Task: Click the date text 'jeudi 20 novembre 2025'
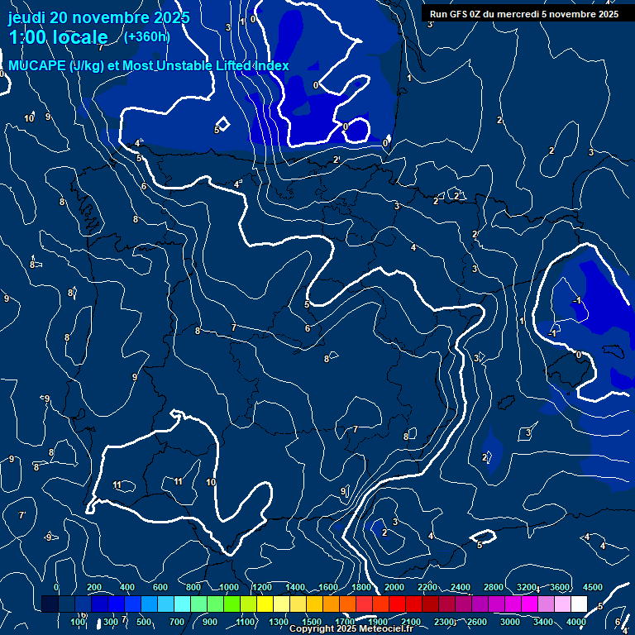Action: pyautogui.click(x=98, y=17)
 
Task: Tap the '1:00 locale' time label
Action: pyautogui.click(x=59, y=37)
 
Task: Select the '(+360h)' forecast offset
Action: pyautogui.click(x=147, y=36)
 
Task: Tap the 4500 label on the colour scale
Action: pyautogui.click(x=593, y=587)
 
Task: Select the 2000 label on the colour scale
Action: pyautogui.click(x=394, y=587)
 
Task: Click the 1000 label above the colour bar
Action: pyautogui.click(x=229, y=587)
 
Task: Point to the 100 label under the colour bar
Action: pyautogui.click(x=79, y=622)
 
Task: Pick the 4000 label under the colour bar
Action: pyautogui.click(x=577, y=622)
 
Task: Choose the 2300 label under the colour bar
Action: pyautogui.click(x=444, y=622)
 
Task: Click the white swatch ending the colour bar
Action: pyautogui.click(x=579, y=604)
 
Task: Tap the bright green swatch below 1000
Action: pyautogui.click(x=232, y=604)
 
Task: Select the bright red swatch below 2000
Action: pyautogui.click(x=397, y=604)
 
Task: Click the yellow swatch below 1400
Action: pyautogui.click(x=298, y=604)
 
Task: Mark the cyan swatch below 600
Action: pyautogui.click(x=165, y=604)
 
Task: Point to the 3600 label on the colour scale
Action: pyautogui.click(x=560, y=587)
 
